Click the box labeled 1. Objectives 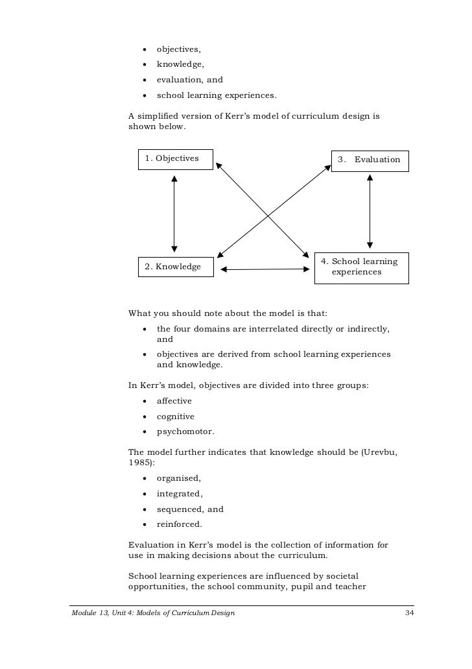pos(176,158)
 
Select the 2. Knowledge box pos(176,267)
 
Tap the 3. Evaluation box pos(370,160)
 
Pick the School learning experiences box pos(361,267)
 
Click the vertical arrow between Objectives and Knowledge pos(174,213)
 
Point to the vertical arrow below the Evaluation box pos(370,211)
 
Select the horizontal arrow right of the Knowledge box pos(263,269)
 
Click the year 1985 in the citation pos(138,463)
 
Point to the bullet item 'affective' pos(174,401)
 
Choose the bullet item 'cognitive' pos(175,417)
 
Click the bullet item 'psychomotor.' pos(185,432)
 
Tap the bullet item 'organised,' pos(179,478)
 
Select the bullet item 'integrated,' pos(180,494)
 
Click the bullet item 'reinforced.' pos(180,524)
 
